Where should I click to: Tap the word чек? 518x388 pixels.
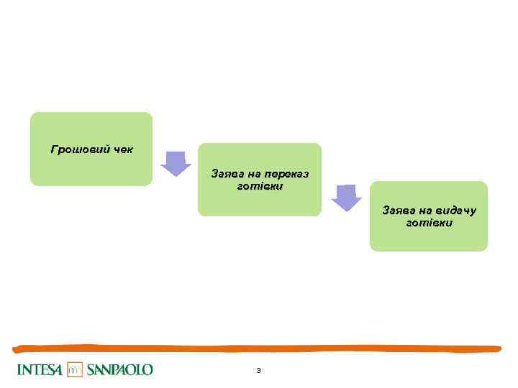[x=121, y=149]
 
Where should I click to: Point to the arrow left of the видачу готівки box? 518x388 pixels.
[x=347, y=198]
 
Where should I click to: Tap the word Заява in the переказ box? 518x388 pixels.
[x=226, y=174]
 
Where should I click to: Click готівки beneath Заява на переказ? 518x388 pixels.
[x=260, y=186]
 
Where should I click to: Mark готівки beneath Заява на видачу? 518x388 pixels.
[x=430, y=223]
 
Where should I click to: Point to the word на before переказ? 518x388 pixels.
[x=253, y=174]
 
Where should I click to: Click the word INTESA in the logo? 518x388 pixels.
[x=40, y=370]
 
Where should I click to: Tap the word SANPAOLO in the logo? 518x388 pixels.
[x=119, y=370]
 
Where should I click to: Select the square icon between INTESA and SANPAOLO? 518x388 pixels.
[x=76, y=370]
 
